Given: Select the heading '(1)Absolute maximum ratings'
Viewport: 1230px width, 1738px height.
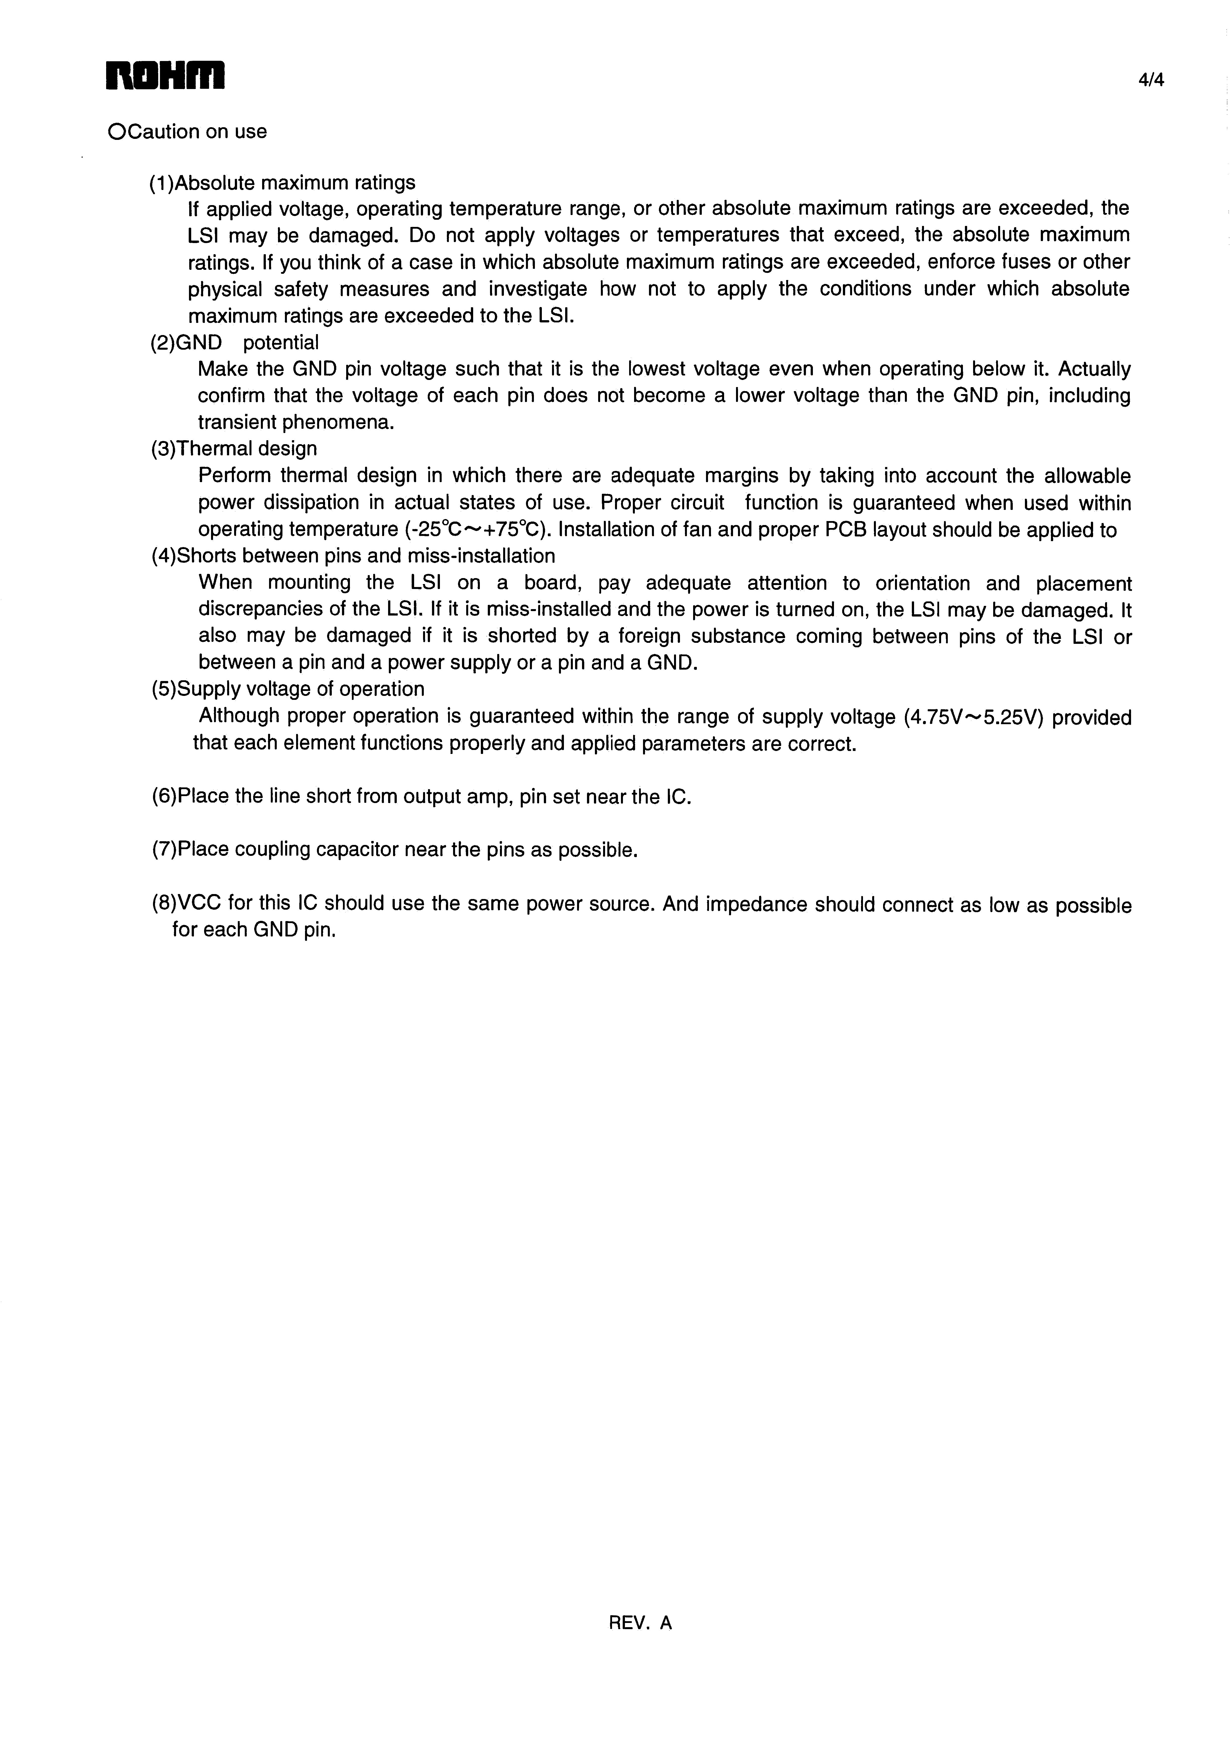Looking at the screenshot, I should [282, 183].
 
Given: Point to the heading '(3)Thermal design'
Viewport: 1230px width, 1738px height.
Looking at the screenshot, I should [234, 449].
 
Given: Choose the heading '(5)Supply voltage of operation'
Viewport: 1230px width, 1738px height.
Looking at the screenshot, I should [288, 689].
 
